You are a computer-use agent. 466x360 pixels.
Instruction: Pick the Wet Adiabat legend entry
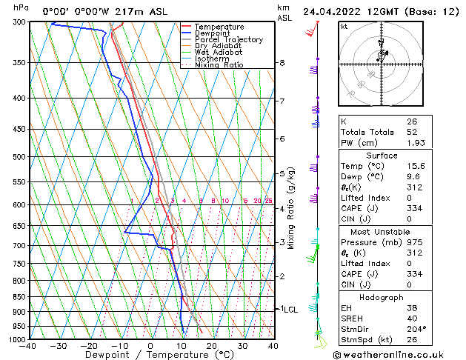(x=219, y=53)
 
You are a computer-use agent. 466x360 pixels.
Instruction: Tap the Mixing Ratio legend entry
(x=219, y=65)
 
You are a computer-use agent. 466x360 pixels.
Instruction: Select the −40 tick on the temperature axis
(x=28, y=346)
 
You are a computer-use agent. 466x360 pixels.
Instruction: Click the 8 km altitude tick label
(x=282, y=64)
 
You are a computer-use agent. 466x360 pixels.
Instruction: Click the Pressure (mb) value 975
(x=414, y=241)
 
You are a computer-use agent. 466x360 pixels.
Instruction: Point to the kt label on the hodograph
(x=344, y=27)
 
